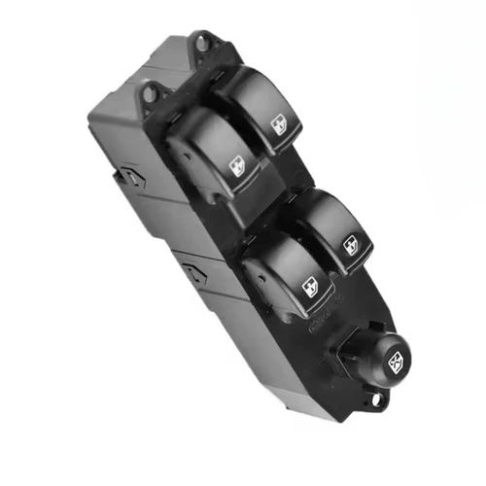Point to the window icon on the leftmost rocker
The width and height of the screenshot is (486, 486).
pos(237,166)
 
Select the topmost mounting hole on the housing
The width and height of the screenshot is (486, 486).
pos(202,42)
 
